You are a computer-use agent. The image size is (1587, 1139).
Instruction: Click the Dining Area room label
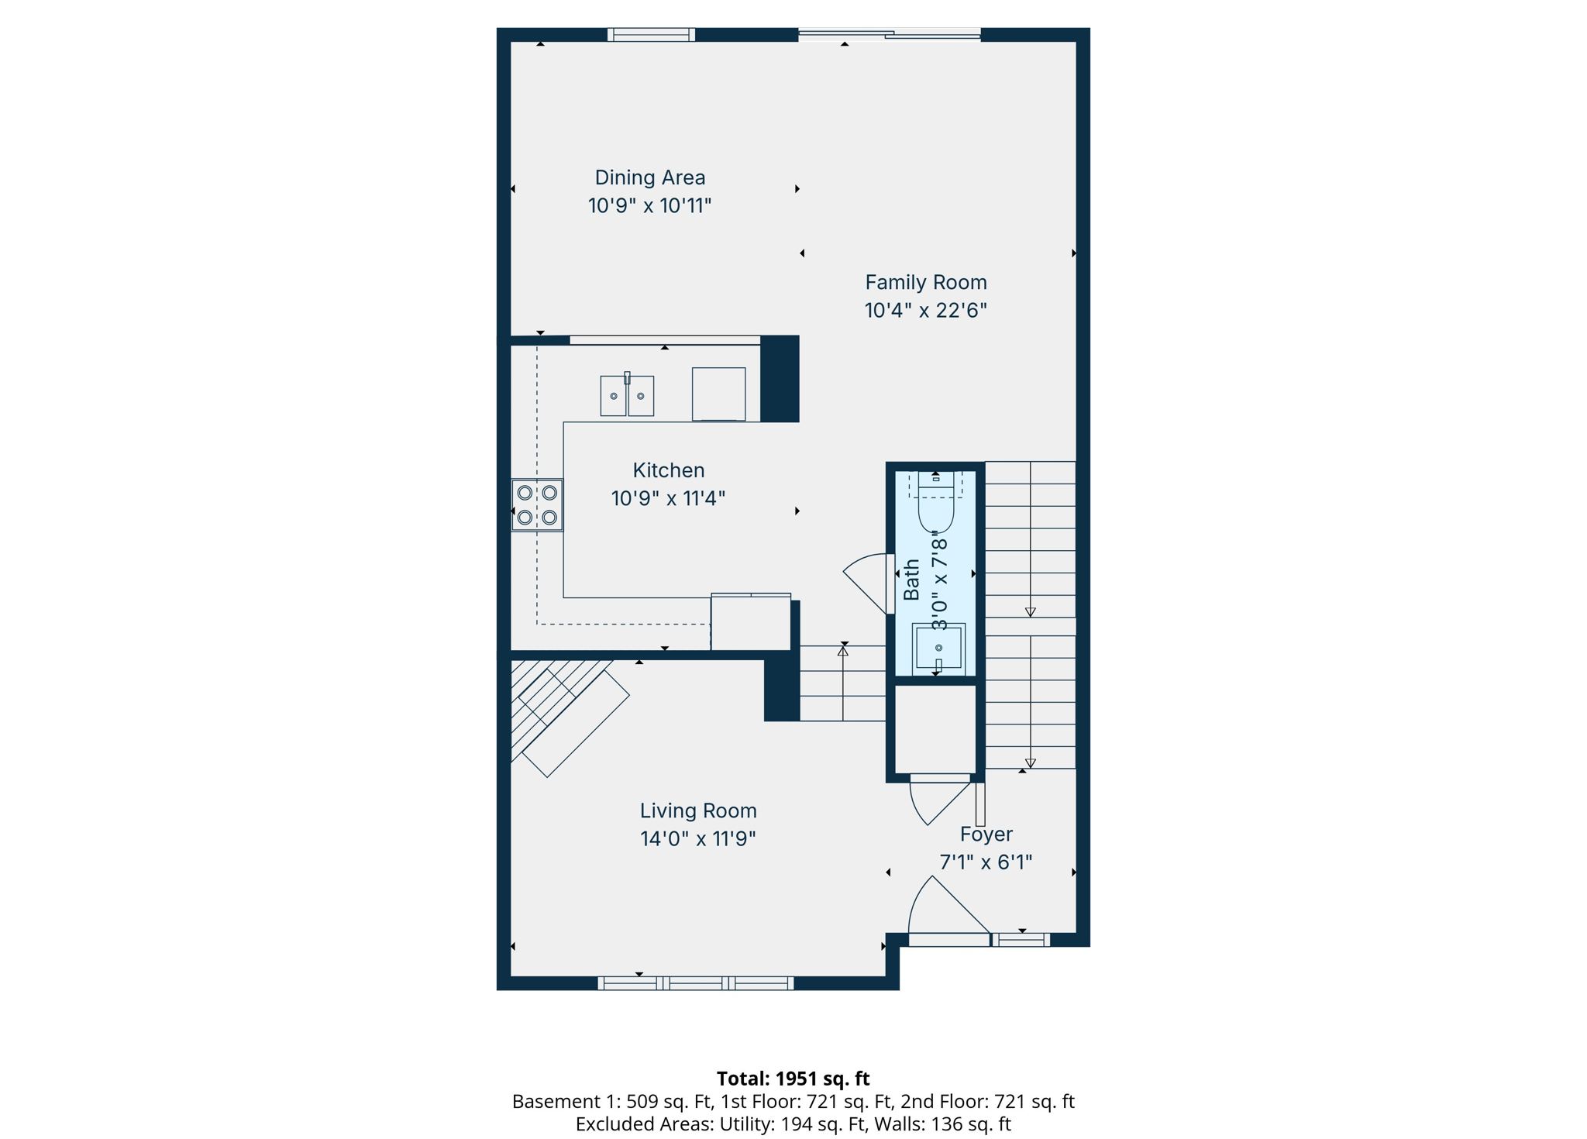tap(649, 177)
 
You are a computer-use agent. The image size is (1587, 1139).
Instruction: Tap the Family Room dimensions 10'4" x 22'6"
tap(925, 310)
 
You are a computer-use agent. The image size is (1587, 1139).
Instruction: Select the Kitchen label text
tap(668, 470)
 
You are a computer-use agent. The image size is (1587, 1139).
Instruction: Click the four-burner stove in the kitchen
tap(537, 504)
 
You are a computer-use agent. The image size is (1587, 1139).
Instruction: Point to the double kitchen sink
tap(627, 396)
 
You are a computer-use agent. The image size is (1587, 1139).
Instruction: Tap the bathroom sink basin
tap(938, 647)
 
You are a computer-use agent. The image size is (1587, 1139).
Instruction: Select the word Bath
tap(912, 580)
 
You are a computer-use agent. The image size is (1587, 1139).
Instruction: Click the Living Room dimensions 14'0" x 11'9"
tap(697, 838)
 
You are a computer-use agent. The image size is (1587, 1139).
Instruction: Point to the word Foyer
tap(986, 834)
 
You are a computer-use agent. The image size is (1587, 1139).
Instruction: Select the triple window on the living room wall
tap(695, 983)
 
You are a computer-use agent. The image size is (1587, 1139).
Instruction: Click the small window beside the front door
tap(1021, 940)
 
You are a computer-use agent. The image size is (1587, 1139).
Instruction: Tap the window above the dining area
tap(651, 34)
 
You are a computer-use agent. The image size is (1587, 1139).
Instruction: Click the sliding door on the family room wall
tap(889, 34)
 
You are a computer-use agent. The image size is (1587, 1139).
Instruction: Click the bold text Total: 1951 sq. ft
tap(793, 1078)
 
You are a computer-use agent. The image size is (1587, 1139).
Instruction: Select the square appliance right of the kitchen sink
tap(718, 394)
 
